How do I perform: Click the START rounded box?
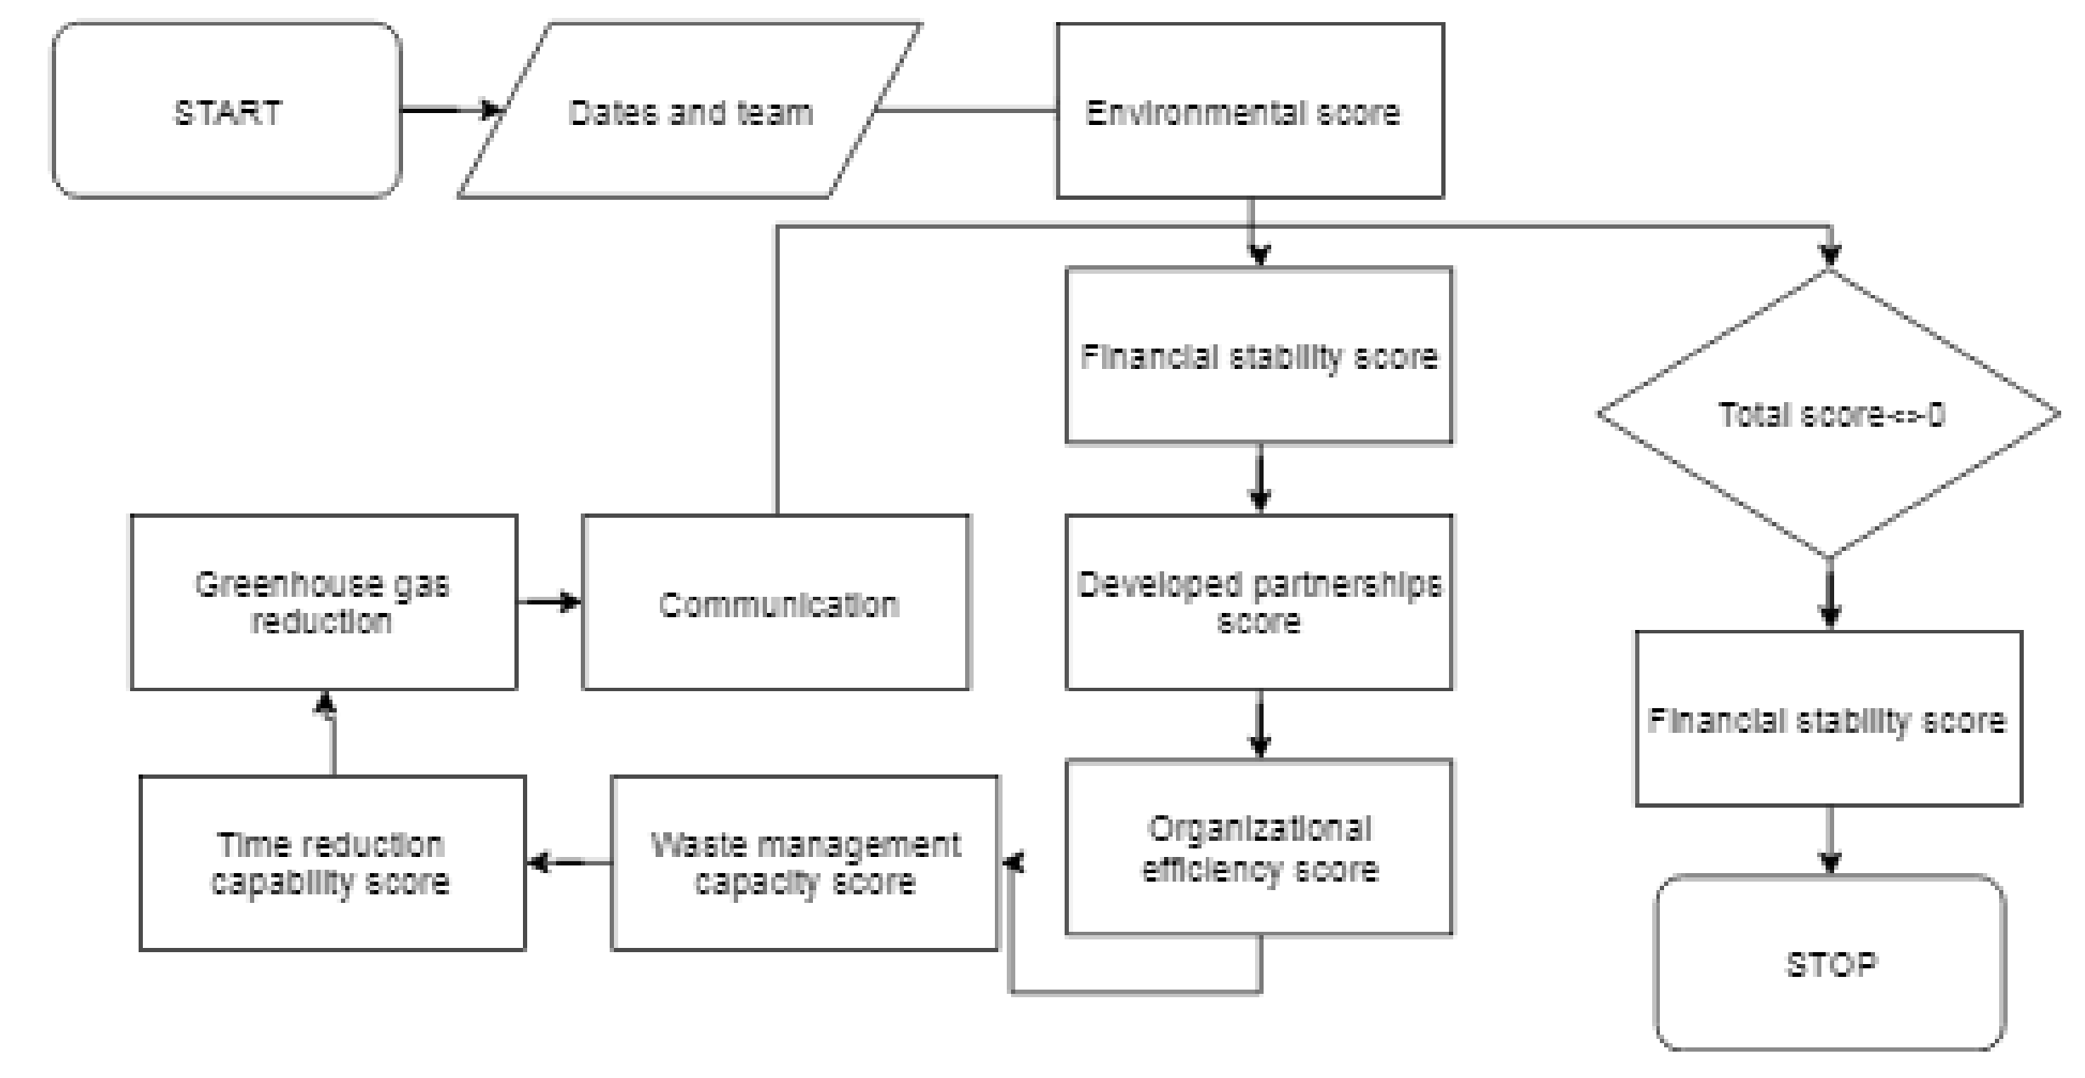click(x=226, y=111)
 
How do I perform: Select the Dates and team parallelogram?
click(x=690, y=111)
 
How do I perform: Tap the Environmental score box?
click(x=1249, y=111)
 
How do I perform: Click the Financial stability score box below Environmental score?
click(x=1258, y=355)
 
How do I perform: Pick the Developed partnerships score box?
click(x=1258, y=602)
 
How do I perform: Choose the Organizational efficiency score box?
click(x=1258, y=847)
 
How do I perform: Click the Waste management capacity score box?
click(x=804, y=862)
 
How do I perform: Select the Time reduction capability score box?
click(x=332, y=862)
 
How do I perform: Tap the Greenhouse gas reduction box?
click(x=323, y=602)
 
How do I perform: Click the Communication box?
click(x=775, y=602)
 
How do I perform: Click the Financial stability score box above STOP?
click(x=1828, y=718)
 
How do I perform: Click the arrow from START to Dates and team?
click(x=449, y=111)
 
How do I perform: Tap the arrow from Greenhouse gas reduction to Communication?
click(x=549, y=602)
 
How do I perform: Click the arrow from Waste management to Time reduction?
click(x=568, y=863)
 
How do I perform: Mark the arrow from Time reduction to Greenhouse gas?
click(x=332, y=733)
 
